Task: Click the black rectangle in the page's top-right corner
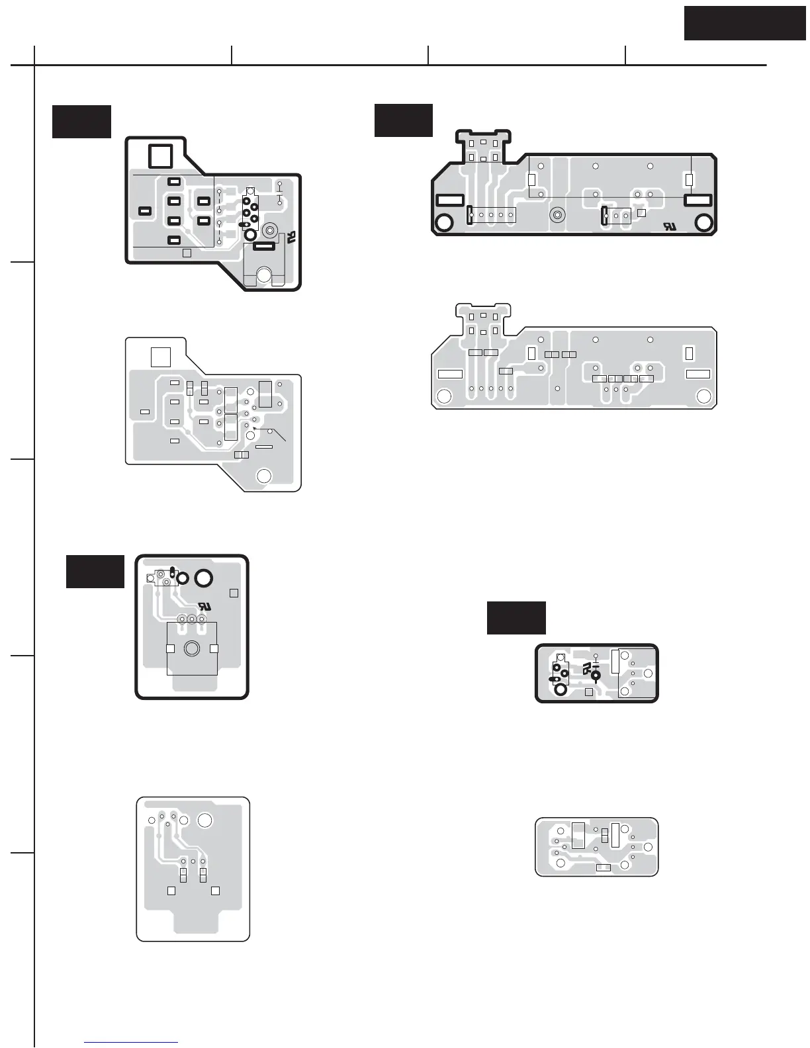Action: click(745, 24)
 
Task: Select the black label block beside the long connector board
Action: click(403, 120)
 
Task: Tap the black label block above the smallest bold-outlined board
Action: click(516, 617)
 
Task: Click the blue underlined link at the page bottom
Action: click(132, 1043)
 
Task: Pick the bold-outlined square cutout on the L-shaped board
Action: click(160, 156)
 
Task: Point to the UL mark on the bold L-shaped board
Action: click(291, 237)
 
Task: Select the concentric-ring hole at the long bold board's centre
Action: click(558, 215)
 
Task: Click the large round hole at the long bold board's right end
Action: click(704, 223)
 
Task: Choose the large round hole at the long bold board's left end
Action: click(444, 222)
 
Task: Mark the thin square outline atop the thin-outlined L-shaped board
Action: click(161, 357)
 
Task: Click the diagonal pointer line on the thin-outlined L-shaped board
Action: click(277, 434)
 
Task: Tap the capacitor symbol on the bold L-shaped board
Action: click(279, 196)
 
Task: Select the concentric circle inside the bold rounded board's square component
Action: click(192, 648)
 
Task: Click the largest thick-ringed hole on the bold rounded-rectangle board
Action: click(203, 578)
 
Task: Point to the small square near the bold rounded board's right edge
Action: click(234, 593)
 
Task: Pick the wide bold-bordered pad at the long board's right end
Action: click(697, 200)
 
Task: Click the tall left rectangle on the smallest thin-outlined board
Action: click(578, 835)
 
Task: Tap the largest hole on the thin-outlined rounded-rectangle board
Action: click(205, 821)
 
